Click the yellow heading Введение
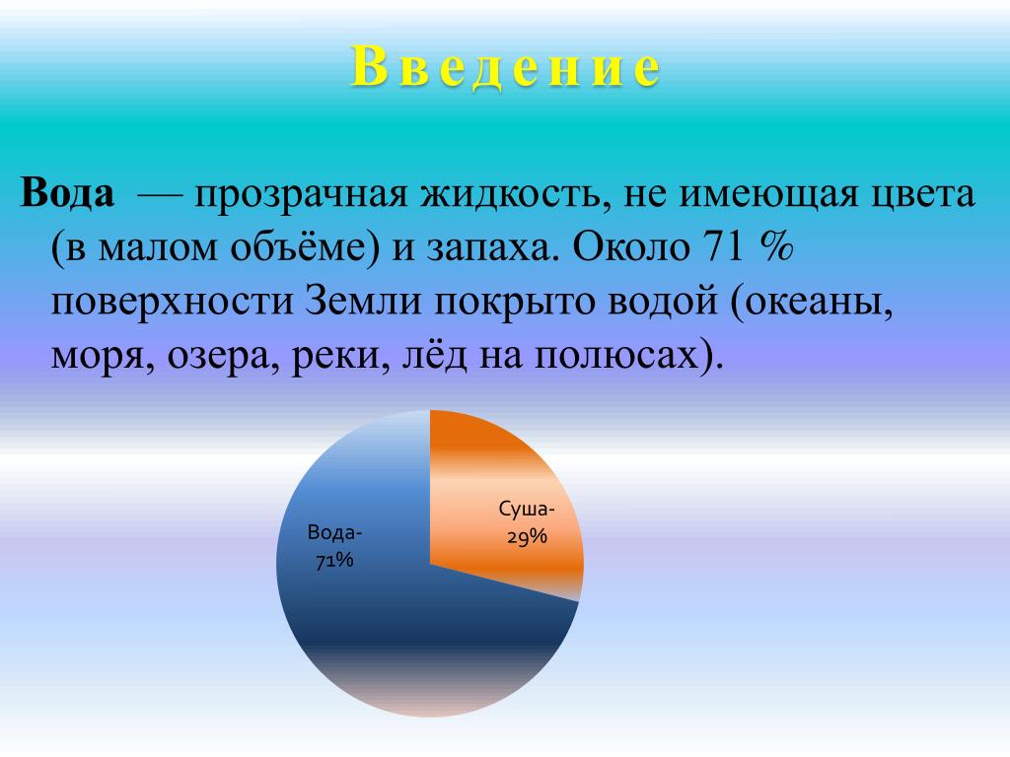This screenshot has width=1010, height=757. pyautogui.click(x=506, y=68)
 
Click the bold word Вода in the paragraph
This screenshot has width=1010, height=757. pyautogui.click(x=68, y=192)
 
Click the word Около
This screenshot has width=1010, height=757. pyautogui.click(x=630, y=245)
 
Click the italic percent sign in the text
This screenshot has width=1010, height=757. pyautogui.click(x=775, y=245)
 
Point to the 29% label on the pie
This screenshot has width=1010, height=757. pyautogui.click(x=527, y=535)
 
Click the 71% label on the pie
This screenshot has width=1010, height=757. pyautogui.click(x=334, y=560)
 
